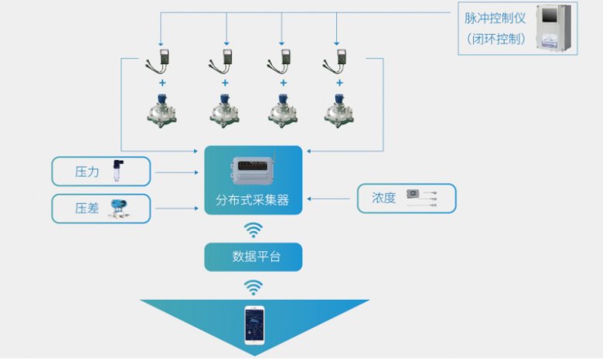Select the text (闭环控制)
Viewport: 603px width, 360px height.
[496, 39]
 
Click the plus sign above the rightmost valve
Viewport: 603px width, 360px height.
[339, 83]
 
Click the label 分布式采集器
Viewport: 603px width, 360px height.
[252, 199]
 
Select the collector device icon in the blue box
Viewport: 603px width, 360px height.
[252, 171]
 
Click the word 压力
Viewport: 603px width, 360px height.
[87, 172]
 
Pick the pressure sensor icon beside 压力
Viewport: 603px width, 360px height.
[118, 171]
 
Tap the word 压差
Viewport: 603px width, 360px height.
[87, 209]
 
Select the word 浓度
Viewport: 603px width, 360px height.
[383, 198]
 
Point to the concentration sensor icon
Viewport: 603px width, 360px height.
[421, 198]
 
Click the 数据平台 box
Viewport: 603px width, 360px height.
[252, 256]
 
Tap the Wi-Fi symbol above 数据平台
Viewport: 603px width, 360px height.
[253, 229]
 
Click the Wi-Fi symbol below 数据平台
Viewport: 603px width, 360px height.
[253, 287]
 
